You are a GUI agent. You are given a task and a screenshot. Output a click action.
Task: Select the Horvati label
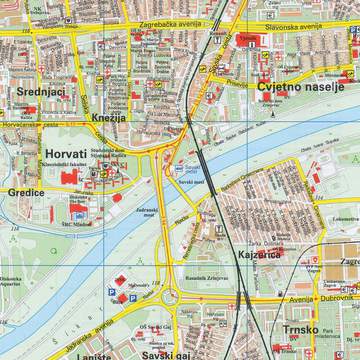[64, 154]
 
